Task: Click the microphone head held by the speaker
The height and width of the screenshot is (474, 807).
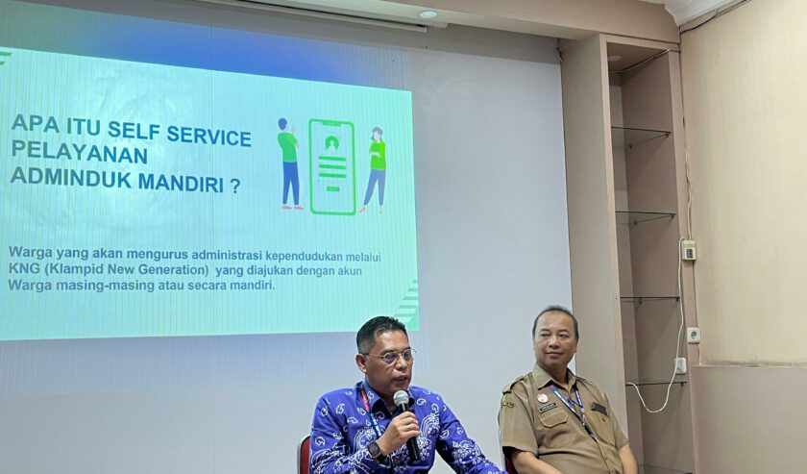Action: [401, 400]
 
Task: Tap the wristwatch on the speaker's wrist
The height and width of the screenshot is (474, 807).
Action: [376, 451]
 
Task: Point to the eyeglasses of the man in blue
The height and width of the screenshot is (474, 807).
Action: [391, 356]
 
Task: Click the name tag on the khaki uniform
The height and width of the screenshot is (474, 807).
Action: [548, 408]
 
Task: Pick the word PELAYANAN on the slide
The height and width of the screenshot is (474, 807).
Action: [79, 152]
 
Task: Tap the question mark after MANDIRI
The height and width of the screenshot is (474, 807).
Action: [235, 187]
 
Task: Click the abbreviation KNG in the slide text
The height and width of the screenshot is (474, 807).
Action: [20, 269]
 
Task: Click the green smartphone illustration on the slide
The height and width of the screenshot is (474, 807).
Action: [332, 166]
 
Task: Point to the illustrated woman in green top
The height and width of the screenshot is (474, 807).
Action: [376, 169]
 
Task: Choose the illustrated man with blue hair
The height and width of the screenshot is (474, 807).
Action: [289, 163]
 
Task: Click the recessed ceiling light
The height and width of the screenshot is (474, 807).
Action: [428, 13]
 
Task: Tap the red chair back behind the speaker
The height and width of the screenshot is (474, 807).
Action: [305, 455]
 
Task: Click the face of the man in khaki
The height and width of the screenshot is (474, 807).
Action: [553, 340]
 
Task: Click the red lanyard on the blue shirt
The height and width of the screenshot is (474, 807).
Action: [365, 399]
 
